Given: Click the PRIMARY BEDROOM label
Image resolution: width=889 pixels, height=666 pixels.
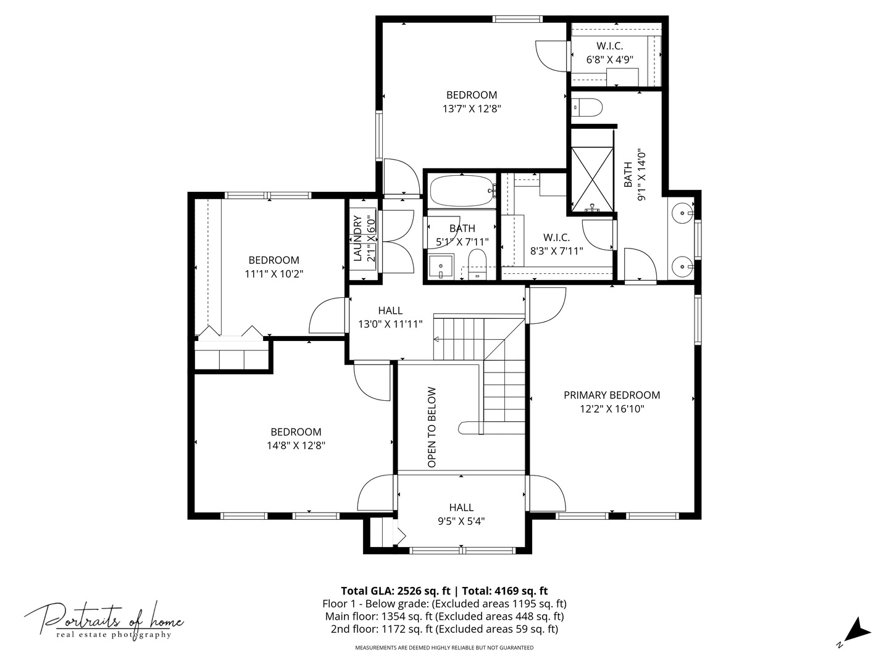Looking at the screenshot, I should (x=611, y=395).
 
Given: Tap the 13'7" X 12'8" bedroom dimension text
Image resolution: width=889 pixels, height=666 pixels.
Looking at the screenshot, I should (x=471, y=109).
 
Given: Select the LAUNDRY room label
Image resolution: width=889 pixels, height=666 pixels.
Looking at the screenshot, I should (x=357, y=238).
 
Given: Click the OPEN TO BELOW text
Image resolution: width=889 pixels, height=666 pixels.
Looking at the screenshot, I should (x=432, y=427).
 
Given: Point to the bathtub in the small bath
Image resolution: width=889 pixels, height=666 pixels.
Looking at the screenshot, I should (x=462, y=191).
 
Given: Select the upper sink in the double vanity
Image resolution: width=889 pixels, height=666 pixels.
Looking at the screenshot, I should (x=682, y=215).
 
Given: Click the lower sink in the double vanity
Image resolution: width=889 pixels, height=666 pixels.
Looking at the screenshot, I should (x=682, y=268).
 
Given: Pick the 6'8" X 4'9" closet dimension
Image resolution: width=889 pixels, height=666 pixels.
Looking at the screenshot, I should (x=609, y=60).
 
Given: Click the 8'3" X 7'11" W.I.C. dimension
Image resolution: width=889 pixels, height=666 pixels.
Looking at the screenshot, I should (x=556, y=250).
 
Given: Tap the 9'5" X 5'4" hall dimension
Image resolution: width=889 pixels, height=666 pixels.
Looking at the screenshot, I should (x=461, y=521).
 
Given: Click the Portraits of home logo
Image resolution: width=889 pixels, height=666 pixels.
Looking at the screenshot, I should (x=104, y=620).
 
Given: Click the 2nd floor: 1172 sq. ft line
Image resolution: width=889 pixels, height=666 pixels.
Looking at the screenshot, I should (x=444, y=629).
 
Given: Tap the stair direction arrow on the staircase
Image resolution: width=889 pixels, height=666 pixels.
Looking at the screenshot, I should (x=437, y=339).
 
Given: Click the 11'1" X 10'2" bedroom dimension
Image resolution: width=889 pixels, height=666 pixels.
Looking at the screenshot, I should (x=273, y=273).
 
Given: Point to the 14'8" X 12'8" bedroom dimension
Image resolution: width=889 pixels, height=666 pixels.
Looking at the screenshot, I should (x=296, y=445).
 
